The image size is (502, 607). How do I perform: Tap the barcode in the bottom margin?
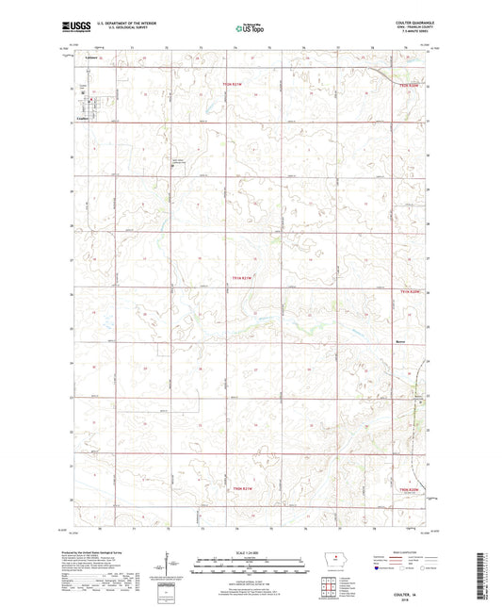[x=489, y=575]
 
